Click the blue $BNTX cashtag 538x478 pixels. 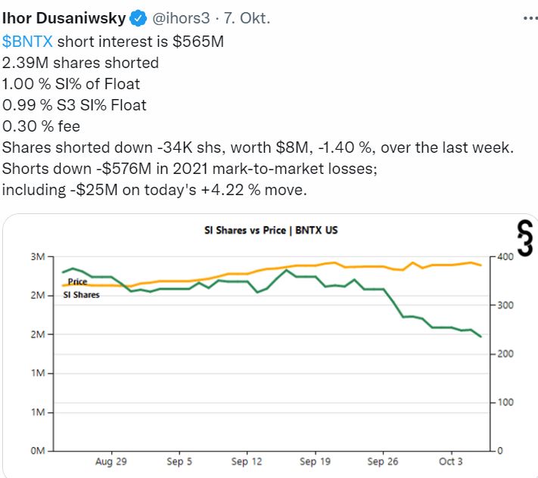(27, 42)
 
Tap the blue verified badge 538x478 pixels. (139, 17)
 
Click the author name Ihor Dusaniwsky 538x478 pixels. (65, 17)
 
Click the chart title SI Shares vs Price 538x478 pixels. (271, 230)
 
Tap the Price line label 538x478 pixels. (78, 281)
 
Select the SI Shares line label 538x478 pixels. (81, 294)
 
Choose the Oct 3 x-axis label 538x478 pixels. (451, 461)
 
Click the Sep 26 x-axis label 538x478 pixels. (382, 461)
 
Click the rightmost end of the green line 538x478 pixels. (480, 337)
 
